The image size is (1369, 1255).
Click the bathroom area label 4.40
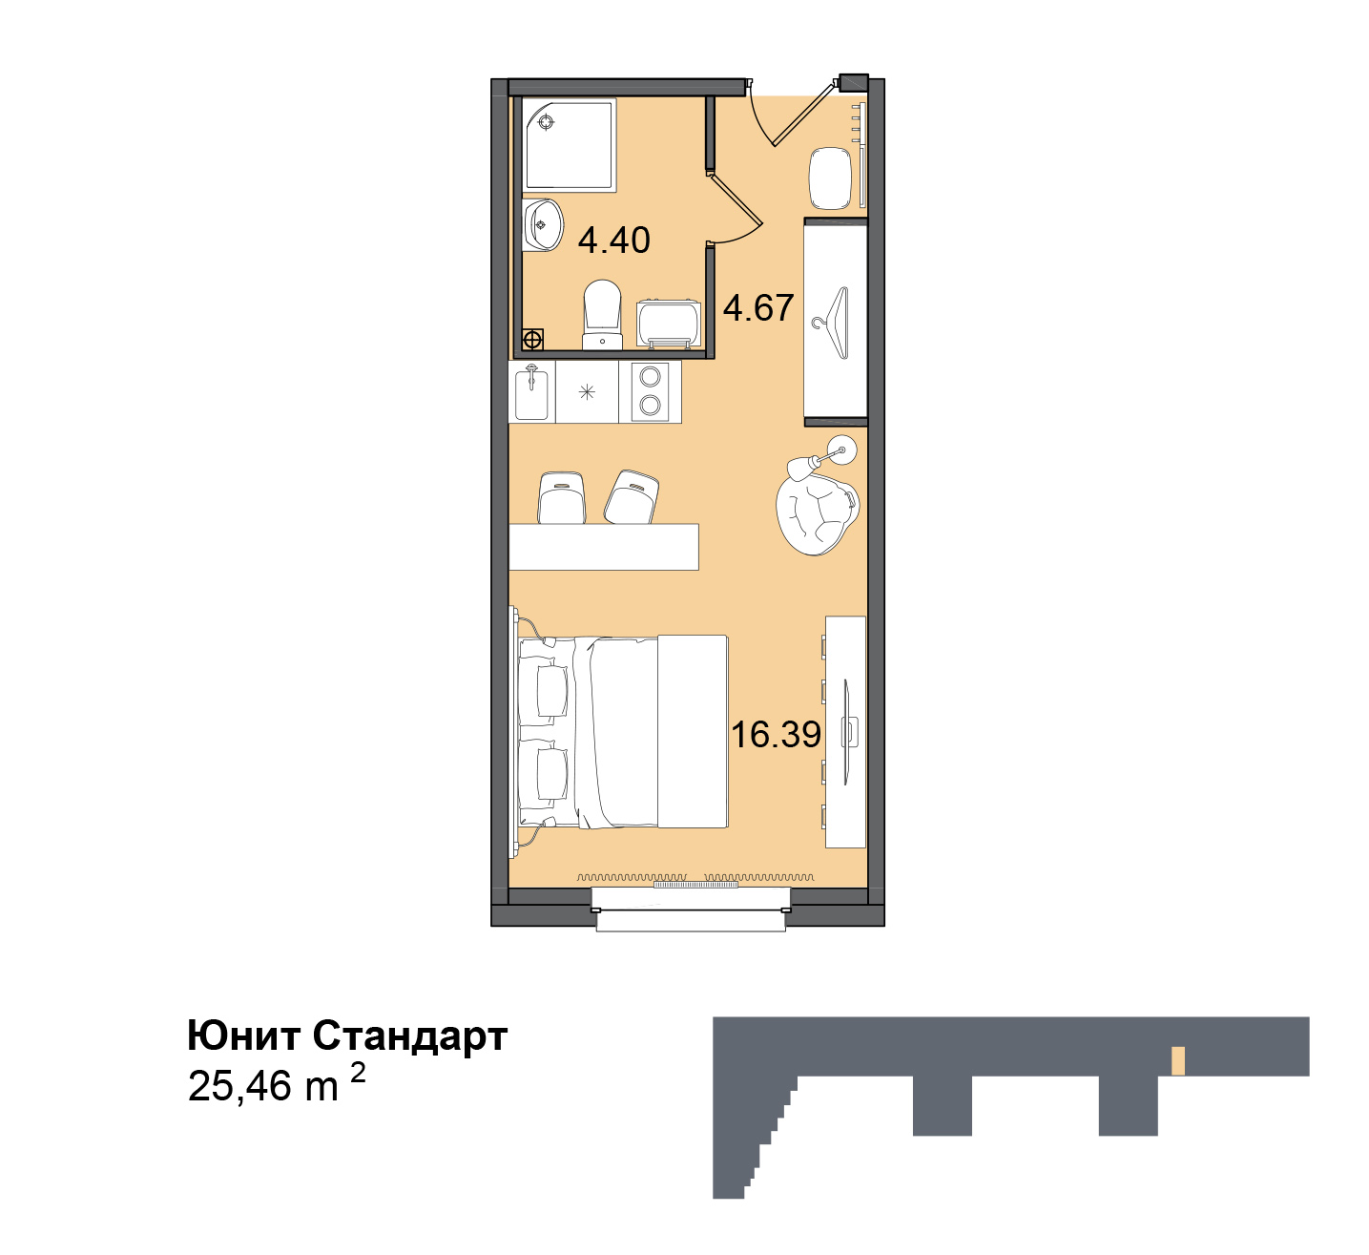pos(613,241)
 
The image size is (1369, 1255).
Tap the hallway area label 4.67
pos(758,308)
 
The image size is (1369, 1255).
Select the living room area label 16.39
pos(776,735)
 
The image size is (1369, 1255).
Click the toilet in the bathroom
pos(602,315)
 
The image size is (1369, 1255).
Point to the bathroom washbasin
pos(542,224)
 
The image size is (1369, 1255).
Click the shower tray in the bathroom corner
pos(570,144)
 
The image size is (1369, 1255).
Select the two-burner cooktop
pos(650,392)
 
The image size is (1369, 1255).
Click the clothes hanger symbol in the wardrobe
pos(831,323)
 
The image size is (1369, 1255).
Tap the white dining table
pos(603,547)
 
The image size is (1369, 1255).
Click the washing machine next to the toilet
pos(668,324)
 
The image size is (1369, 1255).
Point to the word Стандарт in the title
pos(410,1035)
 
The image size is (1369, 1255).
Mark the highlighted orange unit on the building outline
pos(1178,1061)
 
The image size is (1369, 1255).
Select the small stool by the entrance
pos(830,178)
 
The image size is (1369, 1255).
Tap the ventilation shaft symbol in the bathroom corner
pos(532,340)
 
